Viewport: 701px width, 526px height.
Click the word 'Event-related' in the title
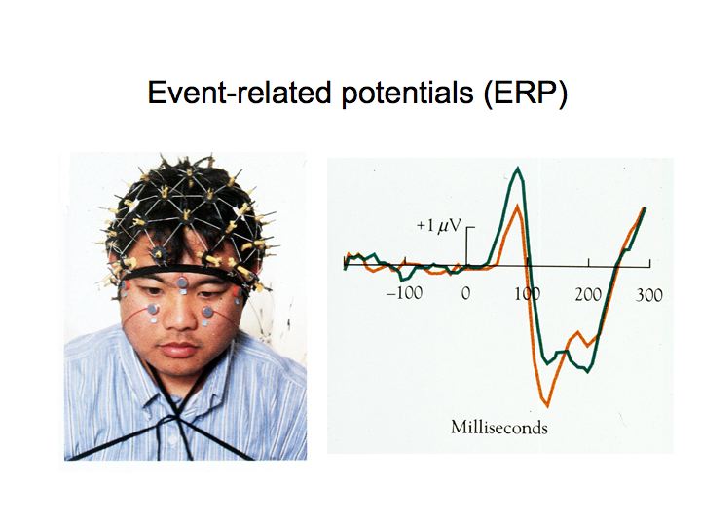tap(239, 93)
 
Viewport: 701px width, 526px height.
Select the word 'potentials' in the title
tap(407, 94)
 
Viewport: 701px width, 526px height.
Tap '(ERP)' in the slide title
tap(526, 94)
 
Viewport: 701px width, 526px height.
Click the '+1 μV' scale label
tap(438, 225)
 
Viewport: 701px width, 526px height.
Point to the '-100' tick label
tap(404, 293)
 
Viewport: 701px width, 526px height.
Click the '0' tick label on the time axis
tap(465, 293)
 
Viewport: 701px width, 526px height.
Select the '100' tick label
tap(526, 294)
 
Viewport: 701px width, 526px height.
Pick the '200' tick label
tap(588, 294)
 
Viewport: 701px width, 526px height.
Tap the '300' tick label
tap(648, 295)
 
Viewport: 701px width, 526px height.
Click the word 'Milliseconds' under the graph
tap(498, 428)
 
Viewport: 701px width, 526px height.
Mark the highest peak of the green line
tap(518, 169)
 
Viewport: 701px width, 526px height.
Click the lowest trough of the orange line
tap(547, 405)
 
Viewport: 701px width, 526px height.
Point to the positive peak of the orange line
tap(517, 206)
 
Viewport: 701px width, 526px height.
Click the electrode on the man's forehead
tap(182, 282)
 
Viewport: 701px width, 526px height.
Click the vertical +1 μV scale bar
tap(466, 246)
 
